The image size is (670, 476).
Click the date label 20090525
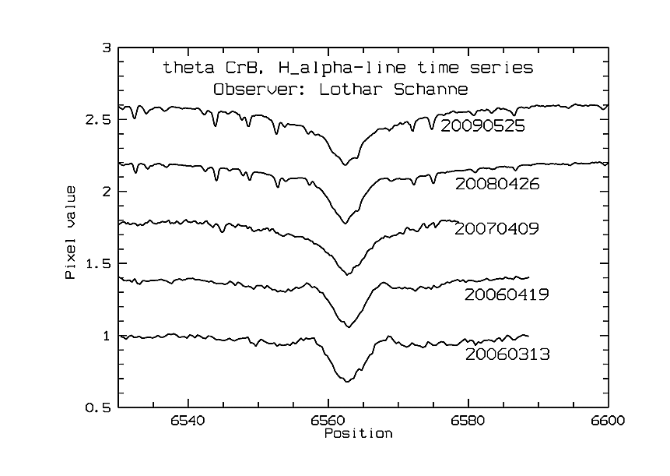tap(482, 125)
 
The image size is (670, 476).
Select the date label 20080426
tap(497, 185)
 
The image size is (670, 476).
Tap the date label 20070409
tap(496, 229)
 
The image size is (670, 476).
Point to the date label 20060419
tap(507, 294)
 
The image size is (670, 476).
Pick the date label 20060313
tap(507, 354)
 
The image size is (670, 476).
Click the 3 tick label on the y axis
tap(107, 48)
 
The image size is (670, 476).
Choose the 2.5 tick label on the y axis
tap(100, 120)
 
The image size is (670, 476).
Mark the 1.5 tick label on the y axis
tap(100, 264)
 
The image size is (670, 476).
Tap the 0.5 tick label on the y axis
tap(100, 407)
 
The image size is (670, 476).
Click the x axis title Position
tap(358, 433)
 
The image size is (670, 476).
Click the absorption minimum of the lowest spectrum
tap(347, 381)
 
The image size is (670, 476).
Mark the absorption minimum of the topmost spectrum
tap(346, 164)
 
